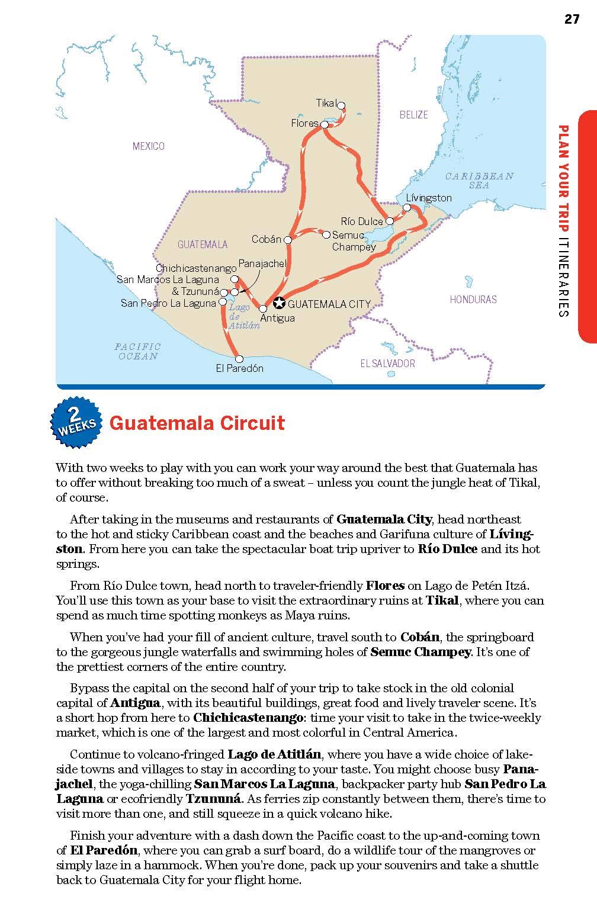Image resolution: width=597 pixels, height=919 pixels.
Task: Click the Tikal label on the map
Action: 326,103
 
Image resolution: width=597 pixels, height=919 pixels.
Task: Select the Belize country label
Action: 413,115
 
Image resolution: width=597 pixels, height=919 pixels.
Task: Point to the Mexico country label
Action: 149,146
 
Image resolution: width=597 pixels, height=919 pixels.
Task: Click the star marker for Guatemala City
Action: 279,304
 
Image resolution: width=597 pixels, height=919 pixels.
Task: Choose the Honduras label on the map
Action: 473,299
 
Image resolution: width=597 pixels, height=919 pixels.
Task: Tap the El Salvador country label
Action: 388,363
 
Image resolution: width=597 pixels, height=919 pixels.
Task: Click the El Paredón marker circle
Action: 239,359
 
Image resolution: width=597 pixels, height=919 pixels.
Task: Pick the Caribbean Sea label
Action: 479,181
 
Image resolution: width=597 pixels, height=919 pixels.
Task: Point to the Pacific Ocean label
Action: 137,351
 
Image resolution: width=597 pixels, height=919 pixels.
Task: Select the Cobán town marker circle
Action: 288,240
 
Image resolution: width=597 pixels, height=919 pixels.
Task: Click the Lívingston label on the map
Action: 429,198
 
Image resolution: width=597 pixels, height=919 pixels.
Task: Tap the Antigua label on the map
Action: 277,318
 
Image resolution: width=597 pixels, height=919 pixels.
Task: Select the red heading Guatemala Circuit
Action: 197,423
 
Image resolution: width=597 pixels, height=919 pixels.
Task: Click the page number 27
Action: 571,19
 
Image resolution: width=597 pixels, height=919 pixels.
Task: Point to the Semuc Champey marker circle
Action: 326,234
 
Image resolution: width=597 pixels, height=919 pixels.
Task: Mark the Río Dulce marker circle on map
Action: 390,221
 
